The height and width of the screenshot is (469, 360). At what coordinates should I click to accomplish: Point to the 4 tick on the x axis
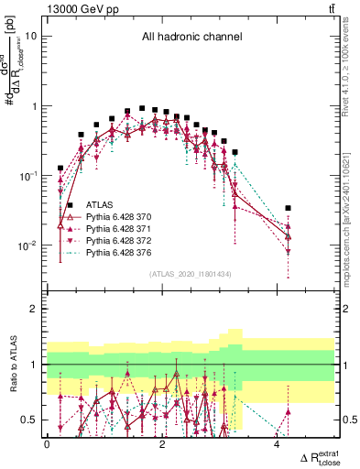[x=278, y=444]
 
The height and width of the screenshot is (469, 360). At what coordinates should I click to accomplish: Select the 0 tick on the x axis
[x=47, y=444]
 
